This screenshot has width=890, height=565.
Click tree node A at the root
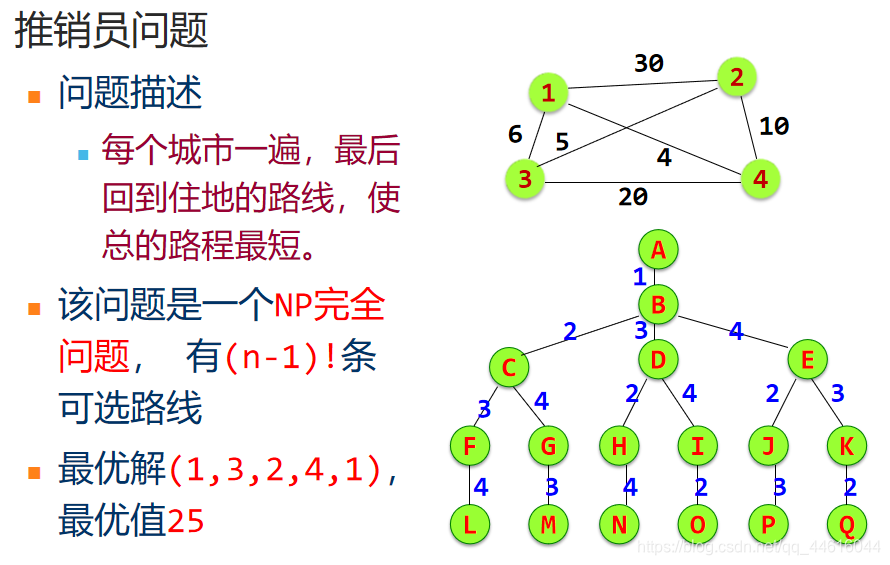tap(657, 249)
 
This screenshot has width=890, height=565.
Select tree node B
tap(658, 303)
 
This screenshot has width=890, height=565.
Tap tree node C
tap(509, 367)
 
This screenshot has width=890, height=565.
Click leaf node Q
tap(846, 524)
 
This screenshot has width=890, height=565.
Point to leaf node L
tap(469, 524)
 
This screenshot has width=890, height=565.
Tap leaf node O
tap(697, 524)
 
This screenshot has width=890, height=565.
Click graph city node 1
tap(548, 94)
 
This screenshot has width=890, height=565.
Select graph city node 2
tap(736, 77)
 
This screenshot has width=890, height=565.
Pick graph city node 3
tap(525, 179)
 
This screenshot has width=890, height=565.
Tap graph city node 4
tap(760, 180)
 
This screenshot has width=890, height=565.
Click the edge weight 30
tap(648, 64)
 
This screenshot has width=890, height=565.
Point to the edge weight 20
tap(632, 197)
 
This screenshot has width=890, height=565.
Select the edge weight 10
tap(773, 126)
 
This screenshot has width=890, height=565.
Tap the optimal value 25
tap(186, 521)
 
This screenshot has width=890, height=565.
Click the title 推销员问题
tap(111, 31)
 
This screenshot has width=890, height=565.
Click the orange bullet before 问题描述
tap(35, 97)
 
